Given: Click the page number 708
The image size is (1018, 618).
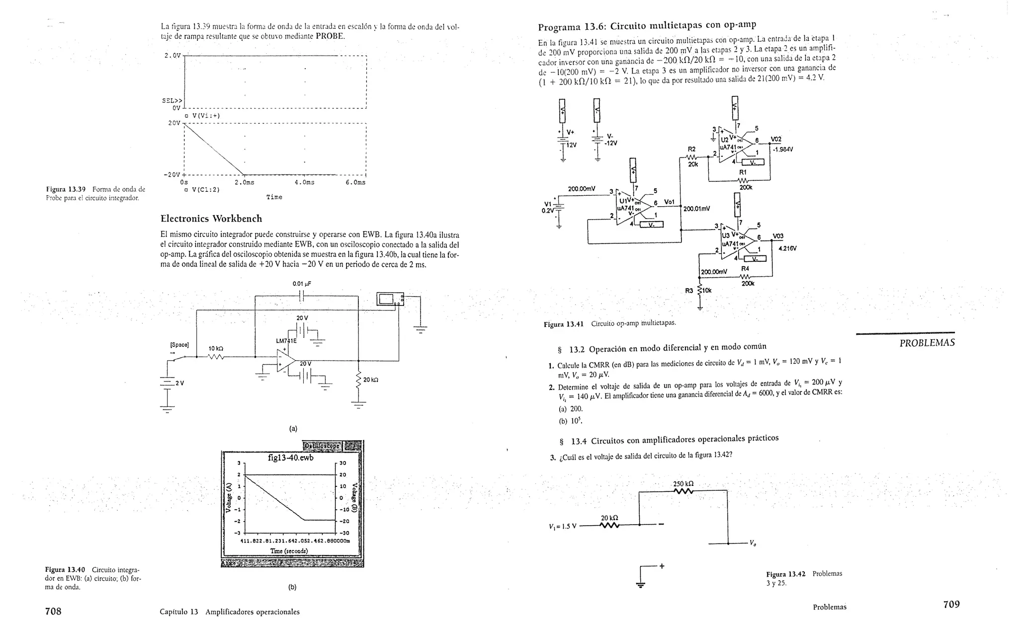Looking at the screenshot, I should pyautogui.click(x=53, y=611).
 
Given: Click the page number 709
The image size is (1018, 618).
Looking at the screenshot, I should pyautogui.click(x=951, y=605).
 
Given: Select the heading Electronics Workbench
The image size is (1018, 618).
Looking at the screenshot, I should pyautogui.click(x=211, y=219).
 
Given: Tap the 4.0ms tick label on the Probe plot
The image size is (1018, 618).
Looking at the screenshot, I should pyautogui.click(x=304, y=182).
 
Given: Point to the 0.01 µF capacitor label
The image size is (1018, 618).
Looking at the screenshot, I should pyautogui.click(x=302, y=284).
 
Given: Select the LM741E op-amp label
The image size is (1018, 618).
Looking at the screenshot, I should pyautogui.click(x=286, y=341).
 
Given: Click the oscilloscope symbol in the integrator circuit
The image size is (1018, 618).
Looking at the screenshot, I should pyautogui.click(x=390, y=299).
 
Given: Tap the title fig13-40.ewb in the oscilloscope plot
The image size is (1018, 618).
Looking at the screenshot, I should pyautogui.click(x=290, y=458).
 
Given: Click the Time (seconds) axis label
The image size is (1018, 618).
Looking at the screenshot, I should pyautogui.click(x=289, y=551).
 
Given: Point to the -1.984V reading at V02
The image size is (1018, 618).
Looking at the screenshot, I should pyautogui.click(x=783, y=149).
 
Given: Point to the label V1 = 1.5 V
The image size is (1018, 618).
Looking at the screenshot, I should pyautogui.click(x=562, y=526).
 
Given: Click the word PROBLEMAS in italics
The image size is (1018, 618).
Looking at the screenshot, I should pyautogui.click(x=927, y=343).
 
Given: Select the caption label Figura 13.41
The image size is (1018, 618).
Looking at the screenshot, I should pyautogui.click(x=563, y=324).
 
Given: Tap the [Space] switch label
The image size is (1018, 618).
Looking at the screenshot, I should pyautogui.click(x=179, y=344).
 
